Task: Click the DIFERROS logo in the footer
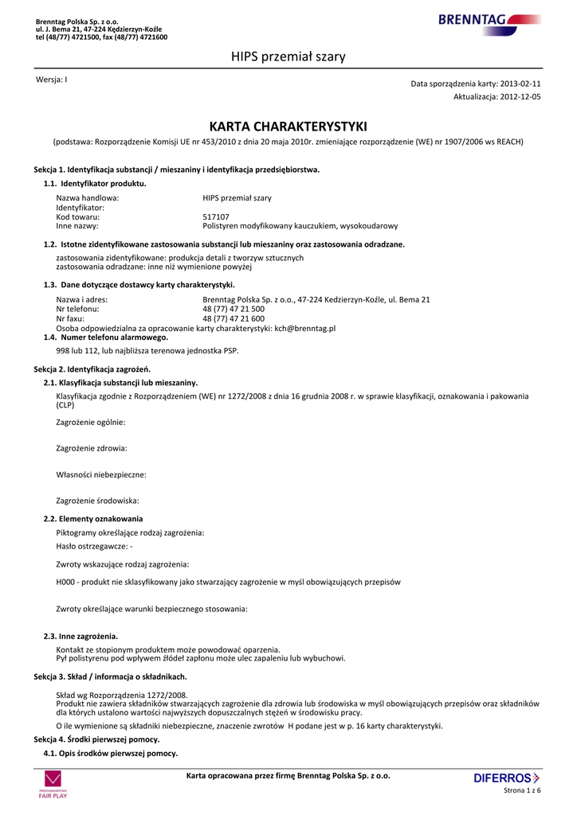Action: coord(506,778)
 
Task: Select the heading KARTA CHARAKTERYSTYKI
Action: coord(288,127)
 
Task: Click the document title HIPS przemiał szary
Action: coord(288,57)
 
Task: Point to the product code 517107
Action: coord(216,216)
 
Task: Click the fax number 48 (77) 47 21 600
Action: coord(234,318)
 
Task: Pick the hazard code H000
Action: coord(66,582)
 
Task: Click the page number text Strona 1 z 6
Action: coord(522,790)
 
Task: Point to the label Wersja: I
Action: coord(52,80)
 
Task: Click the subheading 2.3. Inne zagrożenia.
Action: coord(80,636)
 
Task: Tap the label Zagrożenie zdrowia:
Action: coord(92,448)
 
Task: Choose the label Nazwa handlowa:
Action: coord(88,197)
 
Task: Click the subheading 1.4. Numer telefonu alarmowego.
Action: coord(106,337)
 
